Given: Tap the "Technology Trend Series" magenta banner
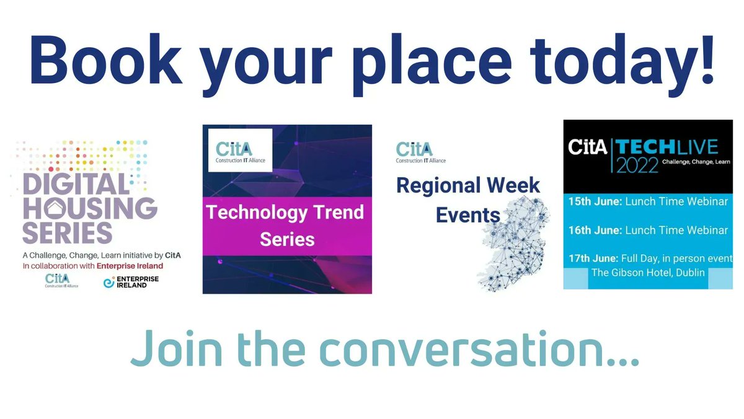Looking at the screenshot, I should (x=287, y=225).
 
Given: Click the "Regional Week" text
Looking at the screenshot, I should (x=468, y=185).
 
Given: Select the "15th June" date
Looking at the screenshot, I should (x=595, y=202).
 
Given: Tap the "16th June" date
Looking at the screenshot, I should (x=595, y=230).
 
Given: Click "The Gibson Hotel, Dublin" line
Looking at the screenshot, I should (x=648, y=273).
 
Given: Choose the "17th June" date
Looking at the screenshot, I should (x=595, y=258).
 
